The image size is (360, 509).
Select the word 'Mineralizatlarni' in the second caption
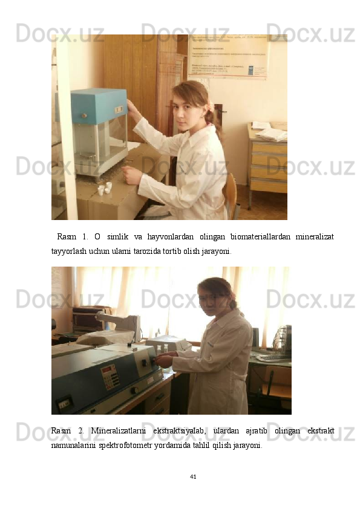tap(117, 430)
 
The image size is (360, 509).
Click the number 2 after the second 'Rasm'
tap(80, 430)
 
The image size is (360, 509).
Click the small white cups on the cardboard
tap(105, 189)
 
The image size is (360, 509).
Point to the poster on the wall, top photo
tap(227, 56)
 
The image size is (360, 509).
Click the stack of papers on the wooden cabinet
tap(269, 132)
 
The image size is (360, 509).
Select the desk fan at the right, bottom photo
tap(282, 339)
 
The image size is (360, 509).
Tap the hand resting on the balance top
tap(131, 107)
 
